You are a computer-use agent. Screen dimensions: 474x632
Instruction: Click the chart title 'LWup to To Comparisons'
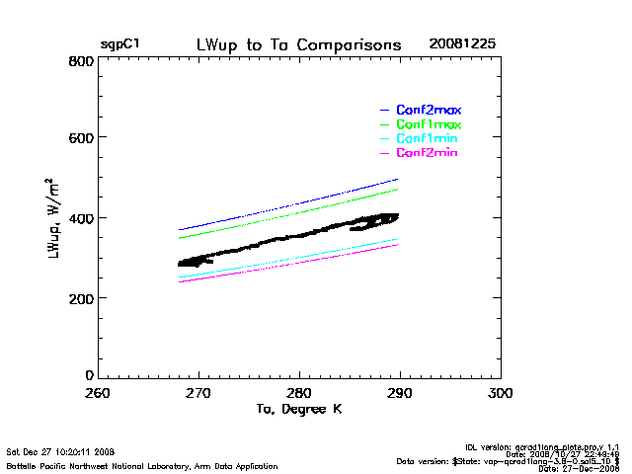click(298, 45)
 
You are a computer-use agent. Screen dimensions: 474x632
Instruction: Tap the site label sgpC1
click(118, 45)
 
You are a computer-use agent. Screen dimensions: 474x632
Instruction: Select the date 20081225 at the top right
click(462, 45)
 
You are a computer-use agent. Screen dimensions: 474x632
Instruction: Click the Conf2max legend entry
click(428, 110)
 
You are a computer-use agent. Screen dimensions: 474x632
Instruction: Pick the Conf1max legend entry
click(428, 124)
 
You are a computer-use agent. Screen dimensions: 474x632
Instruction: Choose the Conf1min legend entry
click(428, 139)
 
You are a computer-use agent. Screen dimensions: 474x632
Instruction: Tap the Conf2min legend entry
click(428, 153)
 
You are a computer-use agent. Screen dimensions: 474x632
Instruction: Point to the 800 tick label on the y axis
click(81, 61)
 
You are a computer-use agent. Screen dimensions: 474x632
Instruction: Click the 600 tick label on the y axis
click(81, 138)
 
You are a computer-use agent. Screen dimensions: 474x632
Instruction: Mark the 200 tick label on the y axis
click(81, 297)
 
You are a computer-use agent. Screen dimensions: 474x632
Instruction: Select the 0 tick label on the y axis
click(89, 376)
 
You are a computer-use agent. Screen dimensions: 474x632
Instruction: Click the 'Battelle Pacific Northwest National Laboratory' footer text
click(142, 465)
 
